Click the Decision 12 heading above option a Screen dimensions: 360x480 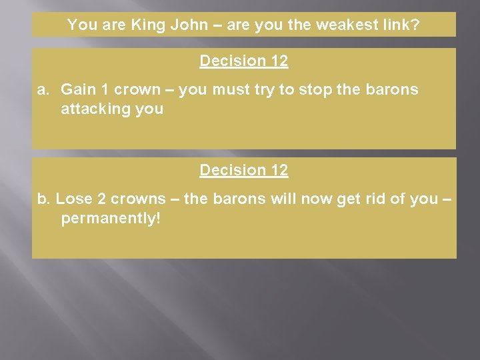point(243,61)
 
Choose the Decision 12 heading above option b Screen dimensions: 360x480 point(243,171)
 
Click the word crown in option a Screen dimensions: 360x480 point(137,90)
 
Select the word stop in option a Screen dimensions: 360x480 point(299,90)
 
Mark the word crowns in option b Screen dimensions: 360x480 point(138,199)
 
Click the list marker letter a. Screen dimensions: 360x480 point(41,90)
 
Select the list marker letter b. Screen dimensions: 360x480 point(43,199)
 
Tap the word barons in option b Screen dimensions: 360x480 point(241,199)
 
